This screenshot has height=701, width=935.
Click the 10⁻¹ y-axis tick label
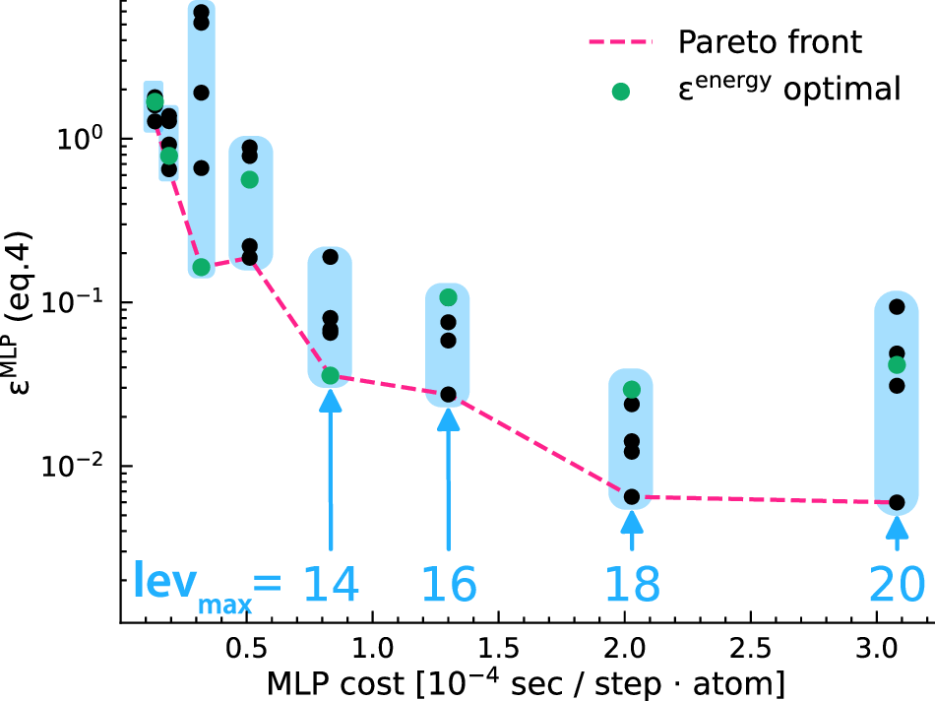[x=78, y=302]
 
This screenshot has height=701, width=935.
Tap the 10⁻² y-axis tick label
[x=78, y=466]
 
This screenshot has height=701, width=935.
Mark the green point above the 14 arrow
[x=330, y=375]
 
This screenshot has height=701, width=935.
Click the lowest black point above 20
[x=897, y=502]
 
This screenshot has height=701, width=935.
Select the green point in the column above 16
[x=448, y=297]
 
